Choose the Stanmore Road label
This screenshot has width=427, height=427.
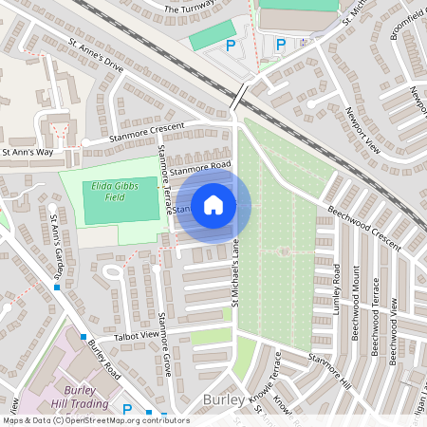pos(201,168)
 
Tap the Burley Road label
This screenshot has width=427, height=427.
pos(102,357)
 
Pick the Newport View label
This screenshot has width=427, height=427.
pos(362,134)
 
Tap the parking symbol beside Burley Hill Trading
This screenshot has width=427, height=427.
pos(127,410)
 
